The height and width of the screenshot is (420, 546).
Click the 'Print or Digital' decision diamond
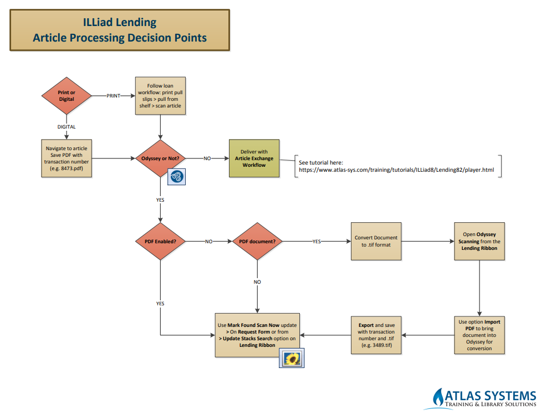tap(67, 95)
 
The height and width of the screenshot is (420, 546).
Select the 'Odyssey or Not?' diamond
tap(160, 158)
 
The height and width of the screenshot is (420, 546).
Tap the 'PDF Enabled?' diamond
tap(160, 241)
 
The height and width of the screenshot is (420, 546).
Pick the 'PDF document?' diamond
tap(257, 241)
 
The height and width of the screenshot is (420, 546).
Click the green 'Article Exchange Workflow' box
tap(254, 158)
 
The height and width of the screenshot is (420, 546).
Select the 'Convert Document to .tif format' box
tap(376, 241)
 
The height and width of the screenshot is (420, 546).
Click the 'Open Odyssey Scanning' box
tap(479, 241)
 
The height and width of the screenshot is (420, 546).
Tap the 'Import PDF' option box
tap(479, 335)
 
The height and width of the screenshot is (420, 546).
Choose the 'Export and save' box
tap(376, 335)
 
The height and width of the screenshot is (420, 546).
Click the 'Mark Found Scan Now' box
tap(257, 335)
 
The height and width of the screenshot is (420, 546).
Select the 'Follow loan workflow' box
tap(160, 95)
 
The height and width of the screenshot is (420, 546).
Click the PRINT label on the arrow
tap(113, 96)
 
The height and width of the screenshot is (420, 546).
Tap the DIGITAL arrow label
tap(67, 127)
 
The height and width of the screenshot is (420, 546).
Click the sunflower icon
tap(292, 358)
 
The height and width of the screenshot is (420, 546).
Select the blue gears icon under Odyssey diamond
tap(177, 177)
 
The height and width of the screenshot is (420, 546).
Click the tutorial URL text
tap(396, 170)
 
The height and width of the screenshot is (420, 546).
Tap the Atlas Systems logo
tap(482, 398)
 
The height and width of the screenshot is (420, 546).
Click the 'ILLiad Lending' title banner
tap(120, 30)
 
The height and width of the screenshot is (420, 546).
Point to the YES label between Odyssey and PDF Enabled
tap(160, 200)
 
